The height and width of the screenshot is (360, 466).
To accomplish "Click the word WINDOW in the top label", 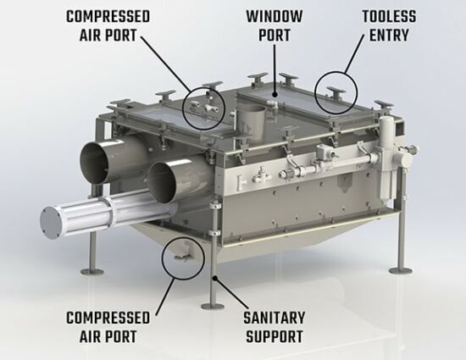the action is pos(274,16).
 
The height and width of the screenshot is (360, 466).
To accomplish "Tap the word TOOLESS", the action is pos(389,16).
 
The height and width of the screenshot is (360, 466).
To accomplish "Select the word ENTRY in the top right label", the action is pos(389,36).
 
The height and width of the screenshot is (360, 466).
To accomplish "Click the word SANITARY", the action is pos(274,318).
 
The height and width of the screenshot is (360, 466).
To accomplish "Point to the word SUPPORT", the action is pos(274,336).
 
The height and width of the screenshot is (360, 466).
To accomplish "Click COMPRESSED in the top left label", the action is pos(108,16).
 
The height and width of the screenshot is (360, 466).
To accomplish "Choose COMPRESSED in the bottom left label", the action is pos(108,318).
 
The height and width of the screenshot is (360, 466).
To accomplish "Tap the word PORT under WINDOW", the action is pos(274,36).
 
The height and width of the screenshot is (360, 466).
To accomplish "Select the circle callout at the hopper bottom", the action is pos(162,258).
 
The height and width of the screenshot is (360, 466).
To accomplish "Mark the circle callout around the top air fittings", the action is pos(182,108).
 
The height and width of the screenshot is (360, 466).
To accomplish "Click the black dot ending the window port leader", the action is pos(275,95).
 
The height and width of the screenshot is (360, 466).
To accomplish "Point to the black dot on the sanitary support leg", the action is pos(214,278).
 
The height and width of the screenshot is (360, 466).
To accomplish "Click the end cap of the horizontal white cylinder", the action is pos(49,222).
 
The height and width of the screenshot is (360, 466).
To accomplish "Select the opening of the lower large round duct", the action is pos(161,184).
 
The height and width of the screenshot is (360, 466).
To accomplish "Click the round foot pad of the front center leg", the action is pos(212,306).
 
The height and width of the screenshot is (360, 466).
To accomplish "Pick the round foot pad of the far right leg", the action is pos(401,270).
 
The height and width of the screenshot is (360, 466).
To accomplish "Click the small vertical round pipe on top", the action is pos(252,121).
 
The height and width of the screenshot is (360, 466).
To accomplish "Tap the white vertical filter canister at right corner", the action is pos(386,158).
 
